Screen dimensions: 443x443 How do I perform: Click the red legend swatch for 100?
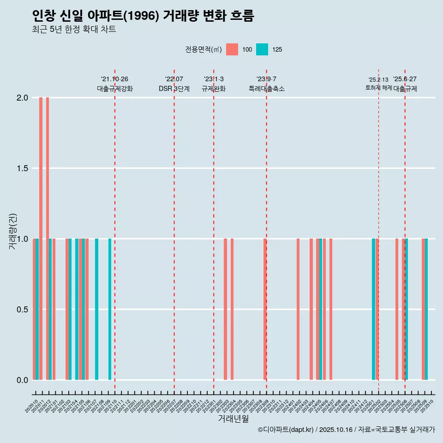[x=232, y=49]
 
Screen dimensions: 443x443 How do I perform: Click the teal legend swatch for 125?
[x=262, y=49]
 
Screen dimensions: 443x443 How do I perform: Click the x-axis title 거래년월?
[x=233, y=419]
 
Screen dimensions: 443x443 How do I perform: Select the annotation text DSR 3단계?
[x=174, y=89]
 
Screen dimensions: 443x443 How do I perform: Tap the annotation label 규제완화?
[x=214, y=89]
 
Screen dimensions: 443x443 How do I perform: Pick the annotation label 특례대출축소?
[x=266, y=89]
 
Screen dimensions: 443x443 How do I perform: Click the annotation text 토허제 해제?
[x=378, y=88]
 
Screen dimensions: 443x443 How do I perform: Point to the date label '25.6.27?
[x=405, y=79]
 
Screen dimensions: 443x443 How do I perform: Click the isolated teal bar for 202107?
[x=97, y=309]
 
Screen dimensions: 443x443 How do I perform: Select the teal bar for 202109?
[x=110, y=309]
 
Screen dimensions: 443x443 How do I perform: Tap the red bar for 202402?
[x=298, y=309]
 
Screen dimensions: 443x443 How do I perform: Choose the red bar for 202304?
[x=232, y=309]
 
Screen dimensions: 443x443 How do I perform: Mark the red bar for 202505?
[x=397, y=309]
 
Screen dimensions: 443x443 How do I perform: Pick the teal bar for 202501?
[x=374, y=309]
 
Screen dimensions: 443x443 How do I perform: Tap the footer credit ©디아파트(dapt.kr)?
[x=286, y=430]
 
